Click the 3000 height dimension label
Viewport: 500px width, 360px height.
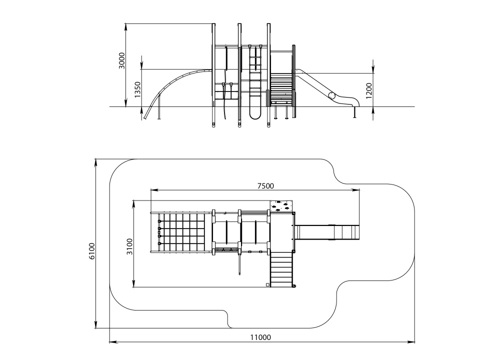[122, 60]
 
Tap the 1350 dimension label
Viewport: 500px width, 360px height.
[137, 89]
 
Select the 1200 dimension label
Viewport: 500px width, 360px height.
[369, 90]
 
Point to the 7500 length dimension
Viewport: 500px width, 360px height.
[265, 185]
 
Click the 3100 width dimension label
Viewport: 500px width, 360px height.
[129, 246]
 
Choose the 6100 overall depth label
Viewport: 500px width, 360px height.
[92, 251]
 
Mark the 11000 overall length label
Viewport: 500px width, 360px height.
[260, 337]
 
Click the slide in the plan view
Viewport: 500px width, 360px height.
[327, 232]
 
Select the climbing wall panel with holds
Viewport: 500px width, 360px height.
[281, 206]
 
